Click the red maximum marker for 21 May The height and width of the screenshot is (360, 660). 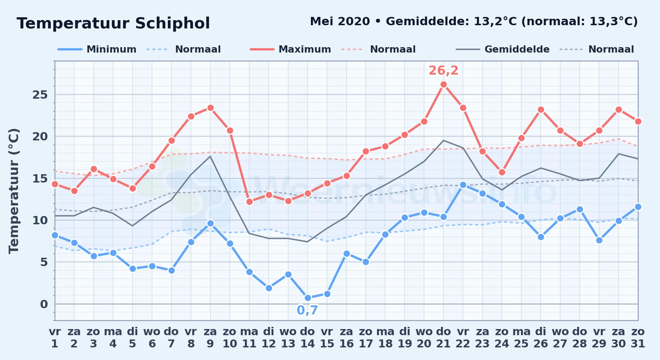(x=443, y=85)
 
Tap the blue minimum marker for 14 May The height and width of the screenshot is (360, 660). (x=308, y=298)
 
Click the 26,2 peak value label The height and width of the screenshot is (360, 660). (x=443, y=71)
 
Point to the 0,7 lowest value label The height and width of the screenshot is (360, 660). (x=307, y=310)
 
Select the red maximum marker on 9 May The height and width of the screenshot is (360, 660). (x=210, y=108)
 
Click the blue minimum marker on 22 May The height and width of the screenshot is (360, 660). (x=463, y=185)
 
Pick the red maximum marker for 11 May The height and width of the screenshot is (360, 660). (x=249, y=202)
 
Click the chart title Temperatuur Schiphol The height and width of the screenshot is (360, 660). (x=113, y=23)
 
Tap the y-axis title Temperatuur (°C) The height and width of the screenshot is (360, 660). (x=14, y=191)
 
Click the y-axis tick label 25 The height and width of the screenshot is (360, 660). (x=40, y=95)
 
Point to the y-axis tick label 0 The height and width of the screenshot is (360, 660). (x=44, y=304)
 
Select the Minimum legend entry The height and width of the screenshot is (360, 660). (x=97, y=49)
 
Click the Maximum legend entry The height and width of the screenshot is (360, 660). (x=291, y=49)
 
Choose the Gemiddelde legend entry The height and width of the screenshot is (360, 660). (x=503, y=49)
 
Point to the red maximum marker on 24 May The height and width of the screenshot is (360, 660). (x=502, y=172)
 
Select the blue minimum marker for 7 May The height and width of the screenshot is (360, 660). (x=171, y=270)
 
